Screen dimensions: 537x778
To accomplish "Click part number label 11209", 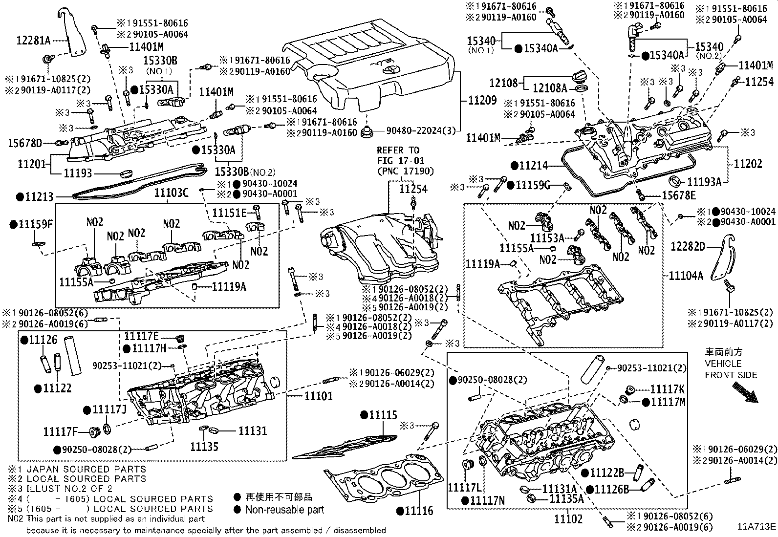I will pyautogui.click(x=482, y=100).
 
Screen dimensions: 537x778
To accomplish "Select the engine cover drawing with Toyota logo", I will pyautogui.click(x=371, y=68).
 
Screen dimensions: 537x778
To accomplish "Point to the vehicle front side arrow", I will pyautogui.click(x=744, y=393).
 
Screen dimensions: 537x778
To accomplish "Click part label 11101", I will pyautogui.click(x=318, y=395).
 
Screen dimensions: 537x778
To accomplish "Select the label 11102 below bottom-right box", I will pyautogui.click(x=568, y=519).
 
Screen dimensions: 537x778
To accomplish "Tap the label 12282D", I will pyautogui.click(x=688, y=247).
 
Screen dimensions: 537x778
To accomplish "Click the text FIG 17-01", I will pyautogui.click(x=401, y=160).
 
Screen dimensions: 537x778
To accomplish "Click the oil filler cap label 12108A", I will pyautogui.click(x=550, y=88).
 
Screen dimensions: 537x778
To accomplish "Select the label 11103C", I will pyautogui.click(x=171, y=193).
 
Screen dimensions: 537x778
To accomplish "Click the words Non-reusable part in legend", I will pyautogui.click(x=284, y=510).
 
